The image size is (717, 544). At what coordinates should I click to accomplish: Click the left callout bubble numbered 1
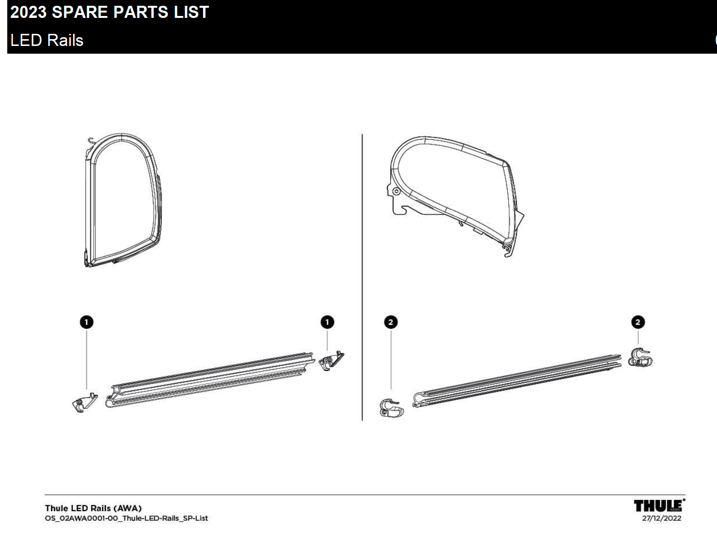[x=87, y=322]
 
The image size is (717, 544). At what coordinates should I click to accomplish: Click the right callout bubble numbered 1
[x=327, y=322]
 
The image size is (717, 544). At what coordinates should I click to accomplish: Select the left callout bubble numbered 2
[x=391, y=322]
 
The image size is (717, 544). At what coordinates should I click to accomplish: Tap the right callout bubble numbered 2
[x=638, y=322]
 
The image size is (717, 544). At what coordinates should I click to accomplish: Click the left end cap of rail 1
[x=85, y=402]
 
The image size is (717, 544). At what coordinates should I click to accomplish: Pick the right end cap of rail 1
[x=331, y=361]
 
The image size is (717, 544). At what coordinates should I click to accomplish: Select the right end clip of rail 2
[x=640, y=358]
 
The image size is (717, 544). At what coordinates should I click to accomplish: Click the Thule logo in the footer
[x=659, y=506]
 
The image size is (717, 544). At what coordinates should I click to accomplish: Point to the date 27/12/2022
[x=661, y=518]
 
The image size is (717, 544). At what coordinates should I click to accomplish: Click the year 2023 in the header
[x=29, y=12]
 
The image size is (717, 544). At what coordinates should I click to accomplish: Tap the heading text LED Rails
[x=47, y=40]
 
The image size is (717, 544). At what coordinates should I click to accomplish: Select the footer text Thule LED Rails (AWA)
[x=93, y=508]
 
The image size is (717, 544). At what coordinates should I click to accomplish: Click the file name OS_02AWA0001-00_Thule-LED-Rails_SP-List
[x=126, y=518]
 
